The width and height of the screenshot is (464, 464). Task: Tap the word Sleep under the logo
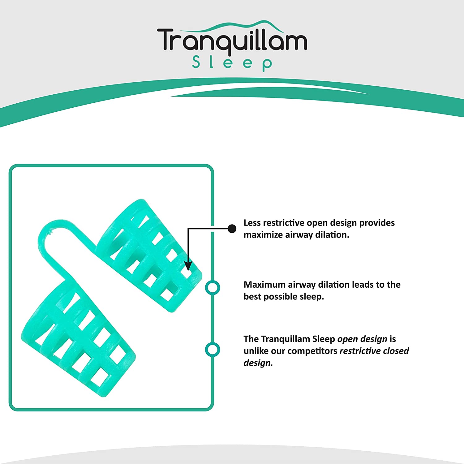[232, 63]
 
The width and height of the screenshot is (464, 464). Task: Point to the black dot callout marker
[232, 229]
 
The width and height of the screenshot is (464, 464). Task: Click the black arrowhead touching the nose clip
[188, 266]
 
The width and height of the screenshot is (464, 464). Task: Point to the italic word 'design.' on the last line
[258, 363]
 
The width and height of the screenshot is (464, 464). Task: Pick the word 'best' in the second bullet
[252, 297]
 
